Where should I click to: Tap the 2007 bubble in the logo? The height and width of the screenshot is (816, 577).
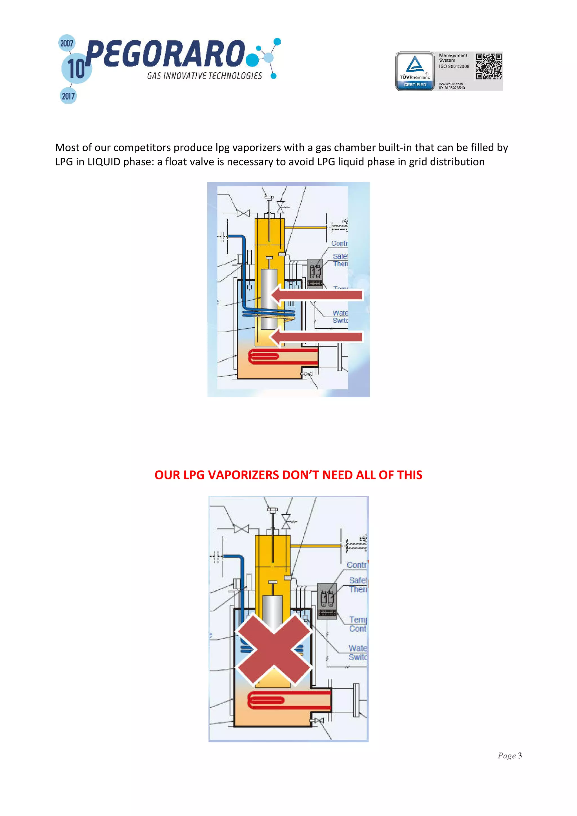click(x=66, y=43)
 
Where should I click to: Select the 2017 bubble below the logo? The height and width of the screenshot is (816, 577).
click(x=68, y=96)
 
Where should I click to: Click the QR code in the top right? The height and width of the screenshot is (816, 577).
click(x=489, y=66)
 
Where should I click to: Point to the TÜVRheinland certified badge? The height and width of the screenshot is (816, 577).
click(x=415, y=71)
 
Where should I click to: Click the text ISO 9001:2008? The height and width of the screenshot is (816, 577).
click(x=454, y=66)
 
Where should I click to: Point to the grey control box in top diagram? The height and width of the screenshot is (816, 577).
click(x=315, y=273)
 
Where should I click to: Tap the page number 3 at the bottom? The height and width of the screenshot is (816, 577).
click(x=520, y=755)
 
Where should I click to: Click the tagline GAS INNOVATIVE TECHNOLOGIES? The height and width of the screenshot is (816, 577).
click(x=205, y=76)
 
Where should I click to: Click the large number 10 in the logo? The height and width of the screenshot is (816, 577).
click(x=76, y=68)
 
